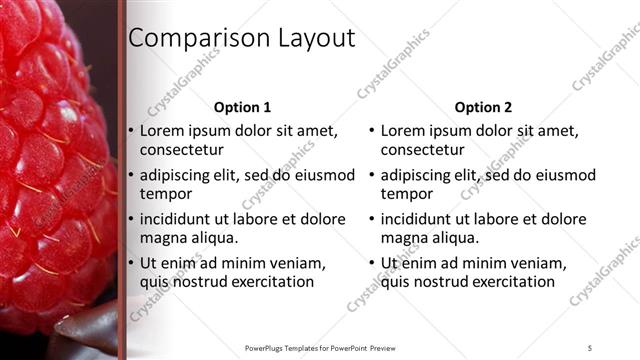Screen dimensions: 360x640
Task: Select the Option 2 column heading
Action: point(483,107)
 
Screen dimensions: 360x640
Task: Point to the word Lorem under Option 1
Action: point(163,130)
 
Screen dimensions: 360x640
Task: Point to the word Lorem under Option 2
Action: point(404,130)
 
